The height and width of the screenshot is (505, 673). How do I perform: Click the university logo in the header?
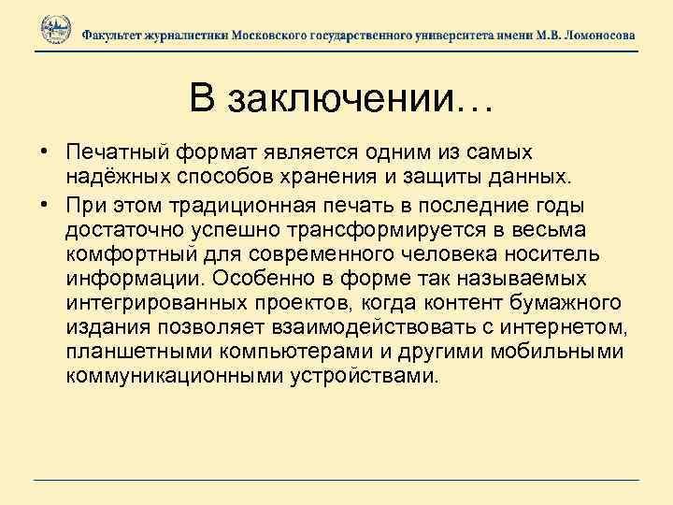(x=56, y=31)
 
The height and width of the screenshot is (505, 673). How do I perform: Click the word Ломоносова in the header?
(x=594, y=34)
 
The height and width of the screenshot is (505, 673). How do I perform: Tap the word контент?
(x=465, y=304)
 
